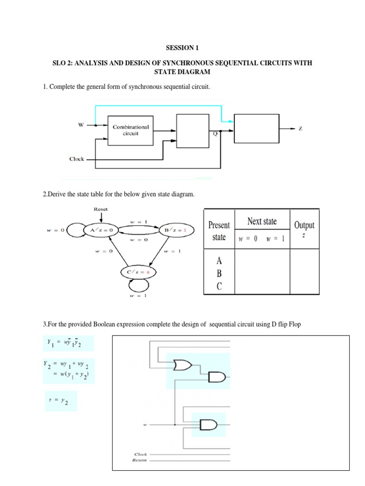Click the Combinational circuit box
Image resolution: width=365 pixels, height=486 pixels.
click(x=131, y=130)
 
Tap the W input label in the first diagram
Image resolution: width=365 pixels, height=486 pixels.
click(x=81, y=125)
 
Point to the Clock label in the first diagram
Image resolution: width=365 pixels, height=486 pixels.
click(x=77, y=159)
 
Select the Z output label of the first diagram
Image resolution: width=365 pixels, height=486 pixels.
click(x=300, y=129)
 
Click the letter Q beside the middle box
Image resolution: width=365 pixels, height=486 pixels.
click(x=215, y=134)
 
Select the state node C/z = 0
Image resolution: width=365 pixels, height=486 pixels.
click(x=138, y=272)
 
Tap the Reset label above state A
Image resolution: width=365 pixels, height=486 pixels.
click(x=101, y=209)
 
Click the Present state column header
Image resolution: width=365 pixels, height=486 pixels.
click(x=219, y=231)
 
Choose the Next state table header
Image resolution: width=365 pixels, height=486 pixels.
click(x=262, y=222)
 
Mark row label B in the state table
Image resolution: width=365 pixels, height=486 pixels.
click(x=219, y=273)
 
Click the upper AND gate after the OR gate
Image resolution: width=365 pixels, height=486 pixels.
click(x=216, y=377)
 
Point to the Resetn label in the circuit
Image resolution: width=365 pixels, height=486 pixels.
click(x=141, y=460)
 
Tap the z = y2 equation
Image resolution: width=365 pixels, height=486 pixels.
click(x=60, y=401)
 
